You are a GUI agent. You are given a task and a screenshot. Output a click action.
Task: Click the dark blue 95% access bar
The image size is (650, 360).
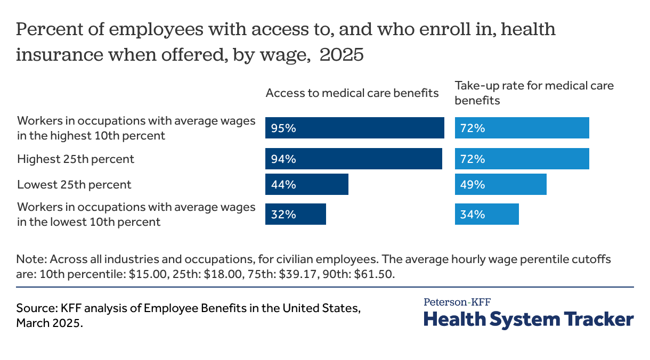click(355, 128)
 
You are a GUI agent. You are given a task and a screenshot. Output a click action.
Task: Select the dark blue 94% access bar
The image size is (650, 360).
click(354, 159)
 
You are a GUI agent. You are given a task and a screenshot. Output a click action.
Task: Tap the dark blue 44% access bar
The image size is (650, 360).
click(307, 184)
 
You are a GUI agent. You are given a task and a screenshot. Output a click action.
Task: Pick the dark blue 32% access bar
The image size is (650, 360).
click(296, 214)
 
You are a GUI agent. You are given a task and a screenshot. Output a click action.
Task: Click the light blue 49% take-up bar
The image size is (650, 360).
click(501, 184)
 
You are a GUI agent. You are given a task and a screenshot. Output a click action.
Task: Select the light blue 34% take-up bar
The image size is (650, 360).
click(487, 214)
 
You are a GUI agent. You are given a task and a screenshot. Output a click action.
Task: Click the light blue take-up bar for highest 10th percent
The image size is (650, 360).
click(522, 128)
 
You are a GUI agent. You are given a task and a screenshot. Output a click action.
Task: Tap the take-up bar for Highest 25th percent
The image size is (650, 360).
click(522, 159)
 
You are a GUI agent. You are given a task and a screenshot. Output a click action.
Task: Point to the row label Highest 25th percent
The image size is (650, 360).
click(76, 159)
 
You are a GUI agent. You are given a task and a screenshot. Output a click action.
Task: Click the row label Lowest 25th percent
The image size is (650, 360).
click(74, 185)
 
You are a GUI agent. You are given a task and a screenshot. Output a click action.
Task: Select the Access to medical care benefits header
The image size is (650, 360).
click(352, 93)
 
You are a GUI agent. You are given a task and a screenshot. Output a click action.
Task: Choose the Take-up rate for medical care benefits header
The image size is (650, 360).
click(534, 93)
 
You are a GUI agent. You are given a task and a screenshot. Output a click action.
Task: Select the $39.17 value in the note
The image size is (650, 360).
click(296, 274)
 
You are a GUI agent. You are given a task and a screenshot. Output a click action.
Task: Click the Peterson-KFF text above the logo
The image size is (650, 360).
click(457, 302)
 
